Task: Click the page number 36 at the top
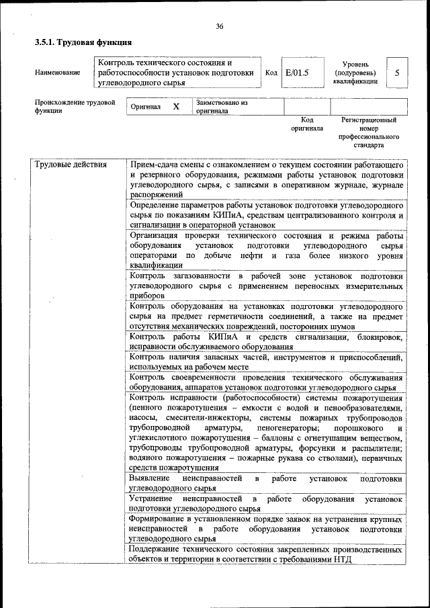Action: click(219, 26)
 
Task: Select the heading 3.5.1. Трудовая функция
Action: click(78, 42)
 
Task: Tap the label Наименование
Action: click(58, 73)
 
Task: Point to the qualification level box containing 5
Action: click(398, 73)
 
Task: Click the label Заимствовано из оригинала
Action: click(222, 107)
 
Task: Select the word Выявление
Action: click(150, 478)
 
